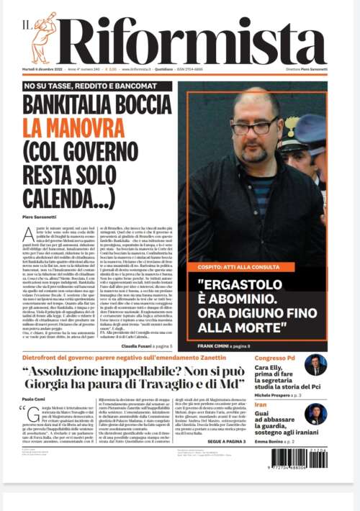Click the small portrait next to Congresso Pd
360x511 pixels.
(315, 365)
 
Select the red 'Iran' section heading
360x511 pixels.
(261, 405)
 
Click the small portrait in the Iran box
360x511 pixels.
(315, 414)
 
